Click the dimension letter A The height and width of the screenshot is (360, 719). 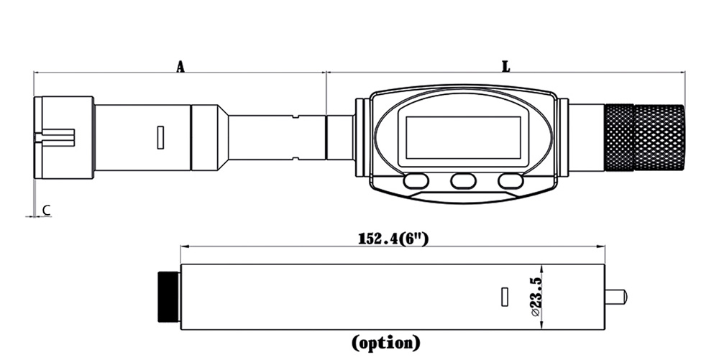[180, 67]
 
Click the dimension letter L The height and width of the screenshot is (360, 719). [505, 67]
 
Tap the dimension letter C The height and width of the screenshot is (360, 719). [46, 211]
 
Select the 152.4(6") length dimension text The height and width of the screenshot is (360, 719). [393, 239]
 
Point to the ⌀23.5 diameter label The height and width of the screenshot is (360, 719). [536, 296]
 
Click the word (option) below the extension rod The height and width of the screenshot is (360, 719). [385, 342]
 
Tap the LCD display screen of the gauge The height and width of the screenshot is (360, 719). [463, 137]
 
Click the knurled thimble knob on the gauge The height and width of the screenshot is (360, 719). [645, 137]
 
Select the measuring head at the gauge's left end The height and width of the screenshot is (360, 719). [64, 137]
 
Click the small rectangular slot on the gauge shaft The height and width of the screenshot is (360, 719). [160, 137]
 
